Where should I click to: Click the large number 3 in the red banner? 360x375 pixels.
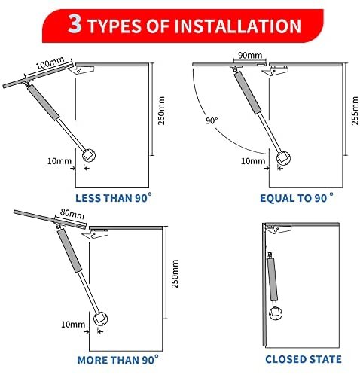[75, 24]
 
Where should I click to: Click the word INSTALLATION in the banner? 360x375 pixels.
[237, 26]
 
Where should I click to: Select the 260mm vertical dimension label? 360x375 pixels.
[161, 111]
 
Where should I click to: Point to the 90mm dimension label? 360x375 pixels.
[250, 55]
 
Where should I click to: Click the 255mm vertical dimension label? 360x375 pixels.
[355, 111]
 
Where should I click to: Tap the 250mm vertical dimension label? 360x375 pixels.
[175, 274]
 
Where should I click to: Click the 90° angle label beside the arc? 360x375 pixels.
[212, 120]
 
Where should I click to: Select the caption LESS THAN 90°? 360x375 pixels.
[114, 198]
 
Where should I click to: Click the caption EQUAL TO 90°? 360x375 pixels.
[297, 198]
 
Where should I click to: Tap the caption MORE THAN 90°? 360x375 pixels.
[118, 360]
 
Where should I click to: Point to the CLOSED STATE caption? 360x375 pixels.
[304, 359]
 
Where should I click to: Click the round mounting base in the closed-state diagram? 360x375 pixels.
[276, 313]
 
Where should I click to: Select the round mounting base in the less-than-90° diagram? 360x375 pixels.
[89, 155]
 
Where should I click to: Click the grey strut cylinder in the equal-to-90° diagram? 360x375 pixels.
[248, 92]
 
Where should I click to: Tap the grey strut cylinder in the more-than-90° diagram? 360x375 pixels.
[70, 250]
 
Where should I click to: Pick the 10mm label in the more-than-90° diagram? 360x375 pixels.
[73, 325]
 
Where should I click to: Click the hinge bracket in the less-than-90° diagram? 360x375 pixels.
[82, 69]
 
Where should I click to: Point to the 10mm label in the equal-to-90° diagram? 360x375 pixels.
[253, 161]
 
